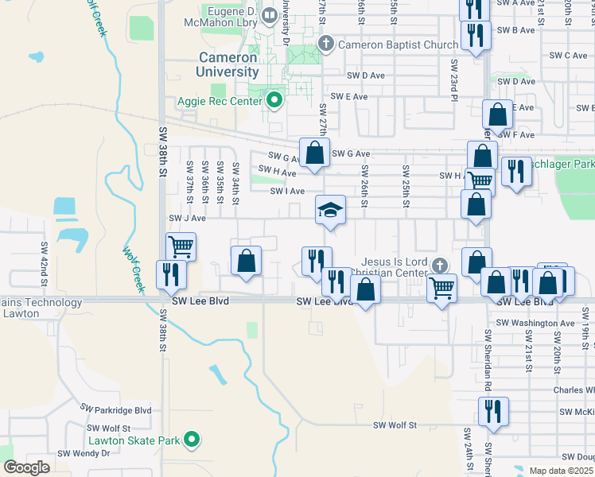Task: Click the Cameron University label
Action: tap(227, 64)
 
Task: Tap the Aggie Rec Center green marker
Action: tap(275, 100)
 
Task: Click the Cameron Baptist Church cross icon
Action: tap(325, 44)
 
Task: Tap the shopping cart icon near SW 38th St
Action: tap(181, 247)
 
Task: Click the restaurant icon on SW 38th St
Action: tap(172, 274)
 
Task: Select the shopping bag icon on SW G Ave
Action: tap(314, 151)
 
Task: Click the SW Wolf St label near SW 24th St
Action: tap(395, 425)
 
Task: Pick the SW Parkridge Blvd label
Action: tap(115, 409)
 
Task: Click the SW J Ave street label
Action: tap(187, 218)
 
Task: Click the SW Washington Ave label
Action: tap(535, 323)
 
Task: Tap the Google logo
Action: tap(26, 467)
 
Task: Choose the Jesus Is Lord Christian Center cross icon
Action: tap(439, 263)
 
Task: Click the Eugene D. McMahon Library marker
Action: tap(270, 14)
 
